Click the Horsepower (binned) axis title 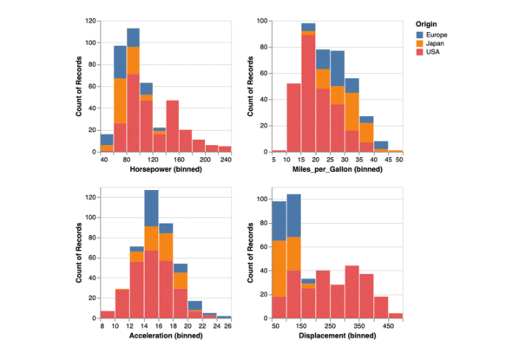(x=165, y=169)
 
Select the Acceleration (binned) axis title (x=165, y=335)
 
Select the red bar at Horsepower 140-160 (x=173, y=126)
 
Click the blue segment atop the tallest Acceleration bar (x=151, y=208)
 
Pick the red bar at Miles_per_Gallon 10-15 (x=293, y=117)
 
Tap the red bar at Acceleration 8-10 (x=107, y=314)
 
